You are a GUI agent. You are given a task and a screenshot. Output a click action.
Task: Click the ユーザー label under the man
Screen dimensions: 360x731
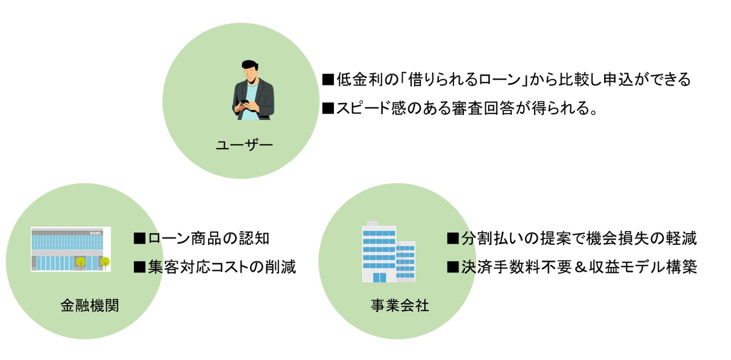coord(244,145)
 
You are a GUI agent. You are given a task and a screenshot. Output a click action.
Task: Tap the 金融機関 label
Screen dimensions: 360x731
coord(89,305)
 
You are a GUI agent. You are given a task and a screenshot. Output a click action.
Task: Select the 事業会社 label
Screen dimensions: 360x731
coord(400,305)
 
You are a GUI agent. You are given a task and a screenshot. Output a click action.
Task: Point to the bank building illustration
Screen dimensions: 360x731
coord(71,249)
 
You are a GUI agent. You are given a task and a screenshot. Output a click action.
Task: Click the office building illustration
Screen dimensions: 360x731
coord(388,252)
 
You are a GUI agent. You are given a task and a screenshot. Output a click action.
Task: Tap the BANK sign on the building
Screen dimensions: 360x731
coord(95,233)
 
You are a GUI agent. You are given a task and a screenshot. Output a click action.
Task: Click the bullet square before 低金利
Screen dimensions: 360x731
coord(327,80)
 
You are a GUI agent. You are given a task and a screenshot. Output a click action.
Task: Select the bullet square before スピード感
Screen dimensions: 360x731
coord(327,109)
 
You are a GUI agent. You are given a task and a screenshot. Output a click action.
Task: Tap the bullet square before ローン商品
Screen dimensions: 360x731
coord(139,238)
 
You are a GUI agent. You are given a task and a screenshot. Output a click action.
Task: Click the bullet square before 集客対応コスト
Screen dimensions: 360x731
coord(139,267)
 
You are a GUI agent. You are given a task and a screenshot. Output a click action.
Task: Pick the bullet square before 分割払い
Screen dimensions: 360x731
coord(452,238)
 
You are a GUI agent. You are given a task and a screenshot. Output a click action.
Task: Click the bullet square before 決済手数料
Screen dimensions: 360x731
coord(452,267)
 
